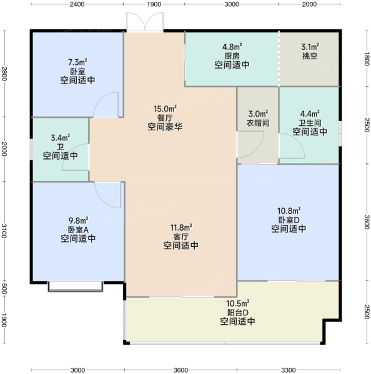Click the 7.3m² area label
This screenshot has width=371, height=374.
click(x=77, y=62)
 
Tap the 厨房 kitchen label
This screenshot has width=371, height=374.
click(x=232, y=56)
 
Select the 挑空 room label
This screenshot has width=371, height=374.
click(x=310, y=56)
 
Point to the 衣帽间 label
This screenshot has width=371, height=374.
click(x=258, y=123)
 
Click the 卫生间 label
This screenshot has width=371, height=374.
click(x=310, y=123)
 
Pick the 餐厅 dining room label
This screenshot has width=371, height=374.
click(x=165, y=118)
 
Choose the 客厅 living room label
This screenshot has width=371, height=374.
click(x=181, y=237)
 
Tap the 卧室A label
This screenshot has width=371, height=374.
click(x=79, y=229)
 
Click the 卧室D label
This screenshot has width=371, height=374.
click(x=289, y=219)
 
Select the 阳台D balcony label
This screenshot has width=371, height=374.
click(x=238, y=312)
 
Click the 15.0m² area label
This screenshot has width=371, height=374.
click(x=165, y=108)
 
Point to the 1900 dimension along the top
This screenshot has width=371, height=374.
click(x=154, y=4)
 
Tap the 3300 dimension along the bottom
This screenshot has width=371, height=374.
click(x=289, y=370)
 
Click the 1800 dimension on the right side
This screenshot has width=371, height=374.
click(x=367, y=59)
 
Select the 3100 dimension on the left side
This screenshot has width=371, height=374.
click(x=4, y=231)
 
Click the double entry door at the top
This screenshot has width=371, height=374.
click(x=145, y=22)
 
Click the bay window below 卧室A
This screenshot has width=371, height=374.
click(x=76, y=287)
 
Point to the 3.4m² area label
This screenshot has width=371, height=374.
click(x=61, y=138)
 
